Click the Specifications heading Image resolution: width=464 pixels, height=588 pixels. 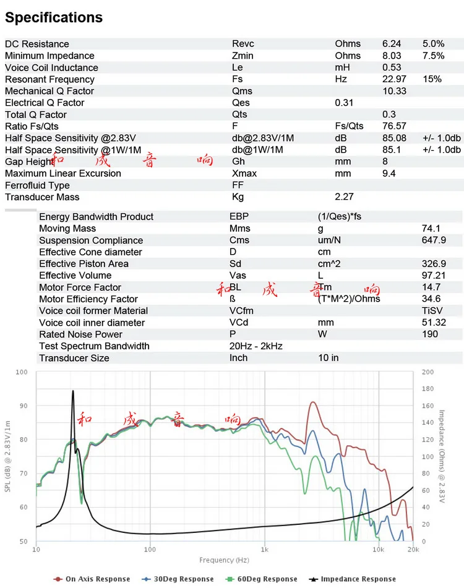click(54, 17)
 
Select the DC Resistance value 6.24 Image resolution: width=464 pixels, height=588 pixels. click(392, 44)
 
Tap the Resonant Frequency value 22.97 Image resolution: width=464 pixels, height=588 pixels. click(394, 79)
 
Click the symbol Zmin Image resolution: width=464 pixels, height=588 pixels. click(243, 56)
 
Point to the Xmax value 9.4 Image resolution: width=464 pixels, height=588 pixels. click(389, 173)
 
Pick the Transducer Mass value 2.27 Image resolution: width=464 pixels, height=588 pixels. click(345, 197)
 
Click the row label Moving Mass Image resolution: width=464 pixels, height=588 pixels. click(67, 228)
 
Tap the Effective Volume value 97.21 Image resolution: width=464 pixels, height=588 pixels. click(434, 275)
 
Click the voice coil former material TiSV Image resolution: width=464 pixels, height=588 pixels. click(432, 310)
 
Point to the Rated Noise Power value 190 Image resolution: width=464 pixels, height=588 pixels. click(429, 334)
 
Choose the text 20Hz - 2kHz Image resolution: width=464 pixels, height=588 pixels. click(256, 346)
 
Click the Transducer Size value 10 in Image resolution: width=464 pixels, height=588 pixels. click(328, 357)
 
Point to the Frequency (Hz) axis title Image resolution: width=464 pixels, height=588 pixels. click(224, 560)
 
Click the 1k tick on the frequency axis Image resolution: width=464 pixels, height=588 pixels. click(264, 549)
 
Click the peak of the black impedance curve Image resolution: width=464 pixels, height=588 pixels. click(73, 391)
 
